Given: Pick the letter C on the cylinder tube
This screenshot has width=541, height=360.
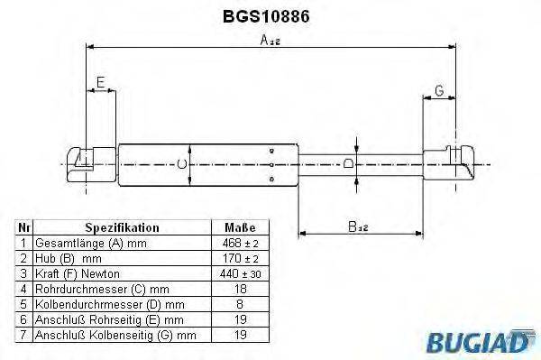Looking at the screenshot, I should tap(180, 164).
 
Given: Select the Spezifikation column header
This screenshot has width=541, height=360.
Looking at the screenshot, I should tap(122, 228).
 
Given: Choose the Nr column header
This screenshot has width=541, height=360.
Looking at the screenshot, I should tap(24, 228).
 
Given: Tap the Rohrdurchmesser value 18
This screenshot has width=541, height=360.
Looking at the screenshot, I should tap(239, 288).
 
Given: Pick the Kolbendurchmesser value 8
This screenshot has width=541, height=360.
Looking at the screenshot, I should tap(239, 303).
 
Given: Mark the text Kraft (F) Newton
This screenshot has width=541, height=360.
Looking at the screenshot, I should tap(77, 272).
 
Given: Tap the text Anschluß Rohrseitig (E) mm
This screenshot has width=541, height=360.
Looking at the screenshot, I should tap(108, 318).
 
